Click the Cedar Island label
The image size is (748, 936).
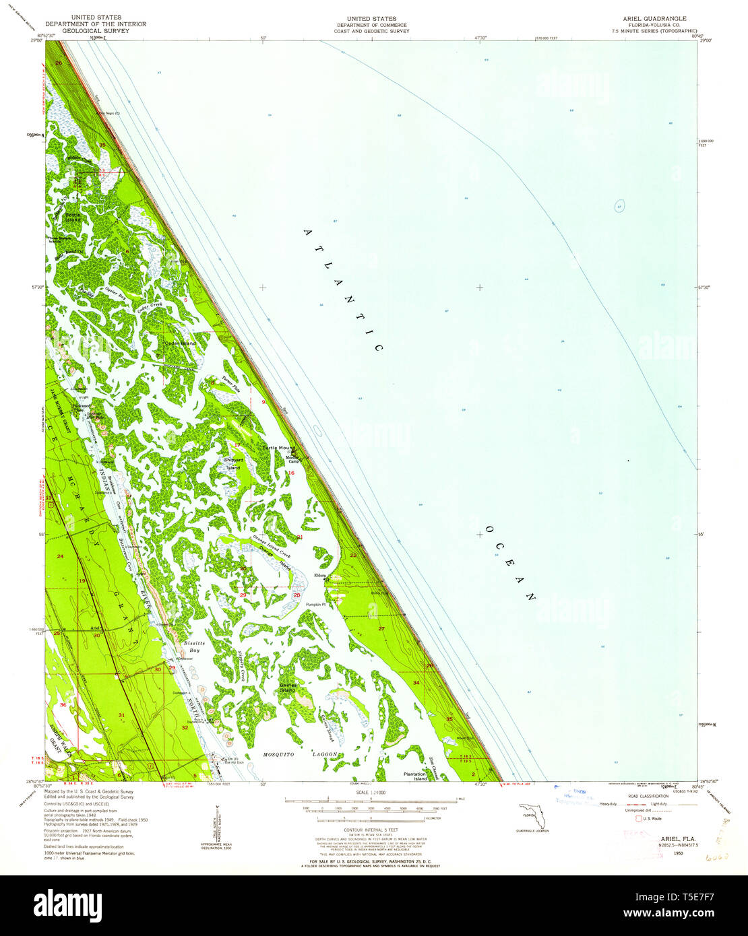point(181,343)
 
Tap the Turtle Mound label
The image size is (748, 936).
point(279,448)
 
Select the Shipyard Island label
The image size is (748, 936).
point(233,463)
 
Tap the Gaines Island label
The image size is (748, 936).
point(288,687)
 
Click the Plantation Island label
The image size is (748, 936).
point(415,776)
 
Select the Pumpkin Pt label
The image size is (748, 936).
point(315,604)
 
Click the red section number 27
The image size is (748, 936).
point(381,628)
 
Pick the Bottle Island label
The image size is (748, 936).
point(72,218)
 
